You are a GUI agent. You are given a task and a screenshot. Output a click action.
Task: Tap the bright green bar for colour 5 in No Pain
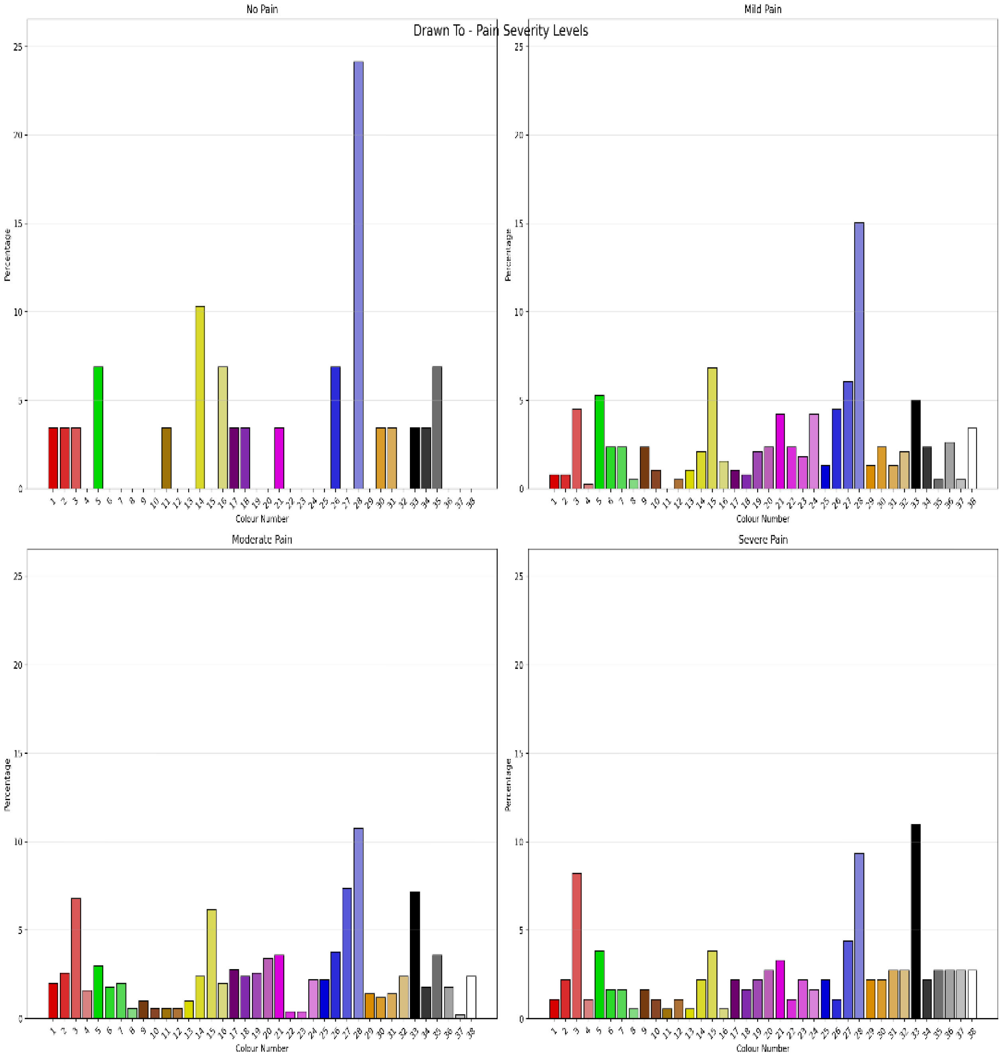point(98,427)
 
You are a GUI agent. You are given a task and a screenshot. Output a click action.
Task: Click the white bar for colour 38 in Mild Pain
point(972,458)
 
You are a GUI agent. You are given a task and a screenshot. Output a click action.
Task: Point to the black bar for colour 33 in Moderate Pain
point(415,954)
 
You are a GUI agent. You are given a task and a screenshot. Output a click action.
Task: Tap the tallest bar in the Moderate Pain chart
point(358,923)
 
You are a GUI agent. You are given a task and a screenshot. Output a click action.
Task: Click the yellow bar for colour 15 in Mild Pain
point(712,428)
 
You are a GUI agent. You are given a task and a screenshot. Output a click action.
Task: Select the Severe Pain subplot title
point(762,539)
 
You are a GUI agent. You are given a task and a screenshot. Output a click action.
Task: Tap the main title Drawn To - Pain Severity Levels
point(500,31)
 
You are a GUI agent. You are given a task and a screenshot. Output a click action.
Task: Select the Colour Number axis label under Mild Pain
point(762,519)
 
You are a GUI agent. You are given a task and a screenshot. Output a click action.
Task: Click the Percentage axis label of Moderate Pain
point(7,784)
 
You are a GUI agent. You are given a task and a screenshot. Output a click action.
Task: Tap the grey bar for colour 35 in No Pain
point(437,427)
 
